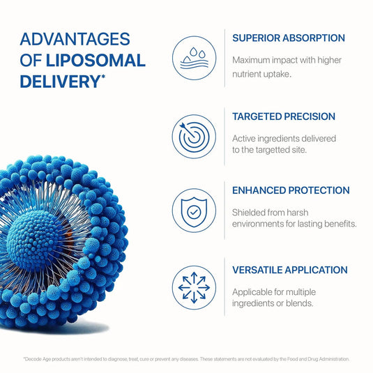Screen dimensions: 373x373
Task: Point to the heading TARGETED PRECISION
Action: point(284,116)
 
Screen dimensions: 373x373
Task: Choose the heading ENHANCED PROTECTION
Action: point(291,190)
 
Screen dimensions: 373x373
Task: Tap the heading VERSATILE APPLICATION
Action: point(290,270)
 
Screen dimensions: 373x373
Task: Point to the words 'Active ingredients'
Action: point(271,138)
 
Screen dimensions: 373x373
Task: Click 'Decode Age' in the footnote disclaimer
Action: point(36,359)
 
